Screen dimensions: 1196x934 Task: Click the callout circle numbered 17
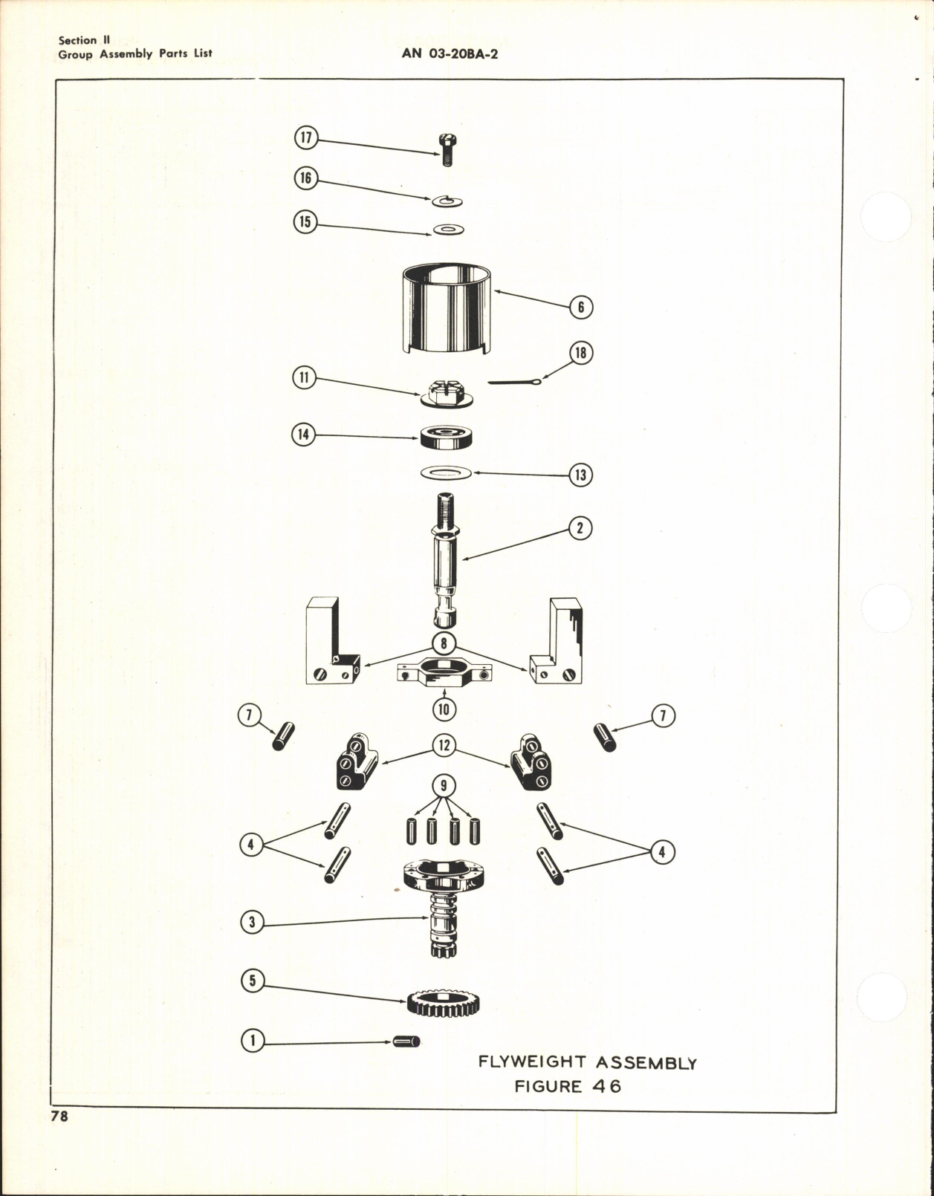tap(305, 138)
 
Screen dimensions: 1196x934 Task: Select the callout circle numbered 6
tap(581, 307)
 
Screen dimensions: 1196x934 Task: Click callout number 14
tap(303, 435)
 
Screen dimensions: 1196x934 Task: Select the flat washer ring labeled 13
tap(446, 472)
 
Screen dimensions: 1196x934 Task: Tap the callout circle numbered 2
tap(580, 529)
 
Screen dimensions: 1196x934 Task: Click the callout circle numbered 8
tap(444, 643)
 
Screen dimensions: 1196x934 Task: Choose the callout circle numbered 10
tap(444, 709)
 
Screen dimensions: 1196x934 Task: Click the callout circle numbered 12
tap(444, 745)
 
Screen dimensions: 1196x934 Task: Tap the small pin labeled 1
tap(406, 1041)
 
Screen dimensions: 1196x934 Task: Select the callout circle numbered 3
tap(253, 923)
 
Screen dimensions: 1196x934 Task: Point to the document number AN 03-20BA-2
tap(450, 53)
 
